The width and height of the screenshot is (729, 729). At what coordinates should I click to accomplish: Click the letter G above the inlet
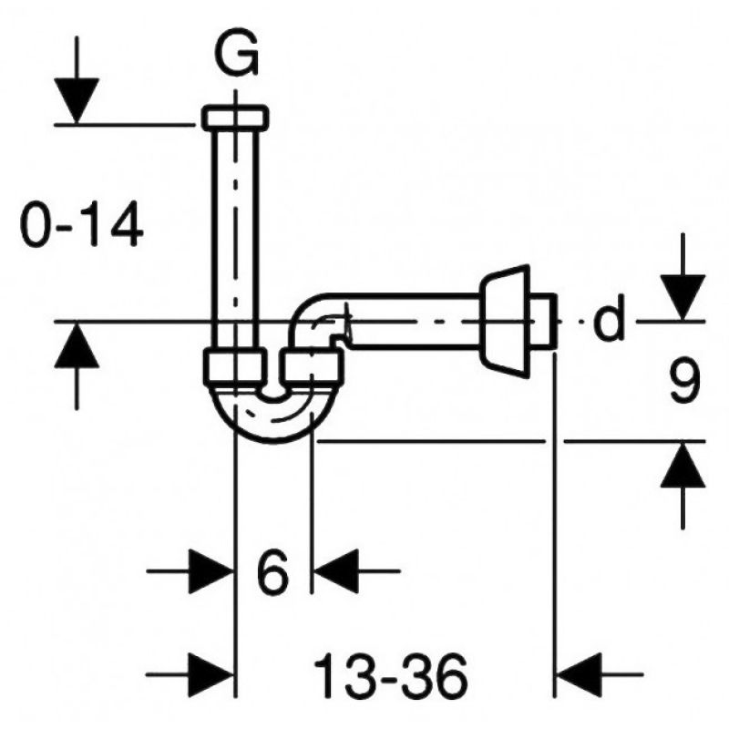pos(238,55)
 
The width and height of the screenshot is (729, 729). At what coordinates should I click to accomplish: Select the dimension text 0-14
pos(82,224)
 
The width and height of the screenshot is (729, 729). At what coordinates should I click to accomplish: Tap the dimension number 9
pos(685,382)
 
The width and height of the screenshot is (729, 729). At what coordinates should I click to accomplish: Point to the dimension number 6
pos(272,571)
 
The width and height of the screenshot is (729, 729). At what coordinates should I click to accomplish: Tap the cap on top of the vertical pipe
pos(235,118)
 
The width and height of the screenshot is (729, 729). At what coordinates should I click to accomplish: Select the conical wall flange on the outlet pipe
pos(505,322)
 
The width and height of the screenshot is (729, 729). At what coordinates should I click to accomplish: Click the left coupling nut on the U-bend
pos(235,367)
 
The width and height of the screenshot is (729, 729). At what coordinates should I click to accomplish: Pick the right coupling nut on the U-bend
pos(313,368)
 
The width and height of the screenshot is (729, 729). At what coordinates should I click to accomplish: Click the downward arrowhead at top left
pos(77,101)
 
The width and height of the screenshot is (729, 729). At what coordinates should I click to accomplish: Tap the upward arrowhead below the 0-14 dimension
pos(77,345)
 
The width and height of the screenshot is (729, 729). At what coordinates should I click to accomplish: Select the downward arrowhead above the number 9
pos(683,298)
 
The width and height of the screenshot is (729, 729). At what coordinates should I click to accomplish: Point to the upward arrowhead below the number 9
pos(683,465)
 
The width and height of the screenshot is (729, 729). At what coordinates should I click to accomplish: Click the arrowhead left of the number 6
pos(210,571)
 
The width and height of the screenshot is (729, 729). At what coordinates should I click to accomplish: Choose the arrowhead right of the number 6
pos(336,571)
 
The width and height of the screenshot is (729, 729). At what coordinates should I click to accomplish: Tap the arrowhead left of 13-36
pos(210,674)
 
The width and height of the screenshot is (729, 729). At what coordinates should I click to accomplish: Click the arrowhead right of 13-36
pos(579,674)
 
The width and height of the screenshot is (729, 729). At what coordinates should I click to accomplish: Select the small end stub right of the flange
pos(543,321)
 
